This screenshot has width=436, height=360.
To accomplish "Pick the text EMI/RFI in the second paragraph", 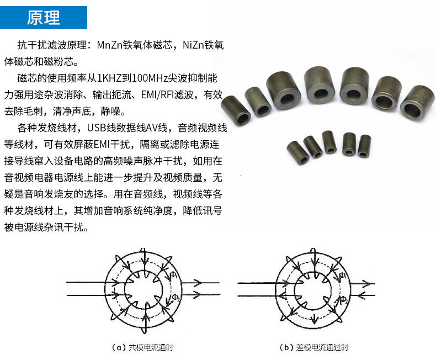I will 168,94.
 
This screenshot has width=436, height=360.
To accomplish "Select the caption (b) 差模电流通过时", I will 314,347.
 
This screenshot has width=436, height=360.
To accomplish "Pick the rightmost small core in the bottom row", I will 365,146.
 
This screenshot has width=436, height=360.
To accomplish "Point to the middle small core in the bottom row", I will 329,142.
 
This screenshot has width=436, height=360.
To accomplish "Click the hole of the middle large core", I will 321,91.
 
